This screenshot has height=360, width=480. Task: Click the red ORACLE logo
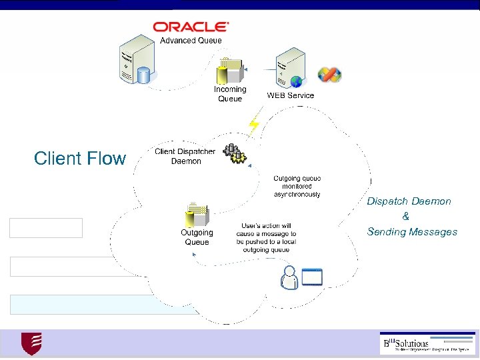pos(191,27)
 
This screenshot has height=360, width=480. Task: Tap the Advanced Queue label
pos(191,41)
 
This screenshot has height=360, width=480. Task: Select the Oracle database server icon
pos(136,64)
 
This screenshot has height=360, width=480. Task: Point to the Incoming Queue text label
pos(230,94)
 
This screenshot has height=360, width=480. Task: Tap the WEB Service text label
pos(290,95)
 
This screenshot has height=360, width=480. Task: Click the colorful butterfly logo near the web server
pos(329,75)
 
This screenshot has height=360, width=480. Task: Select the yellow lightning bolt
pos(253,125)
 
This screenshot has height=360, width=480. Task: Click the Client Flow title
pos(79,159)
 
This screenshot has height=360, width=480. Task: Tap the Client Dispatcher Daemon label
pos(185,156)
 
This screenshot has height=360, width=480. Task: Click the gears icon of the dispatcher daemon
pos(235,153)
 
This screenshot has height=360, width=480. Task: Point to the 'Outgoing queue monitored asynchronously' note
pos(297,187)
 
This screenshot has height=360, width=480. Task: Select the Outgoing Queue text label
pos(197,237)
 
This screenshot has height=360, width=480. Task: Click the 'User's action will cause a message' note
pos(266,238)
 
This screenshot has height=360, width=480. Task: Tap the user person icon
pos(289,277)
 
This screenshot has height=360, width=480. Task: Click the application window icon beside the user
pos(312,276)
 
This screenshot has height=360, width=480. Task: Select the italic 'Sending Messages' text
pos(412,232)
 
